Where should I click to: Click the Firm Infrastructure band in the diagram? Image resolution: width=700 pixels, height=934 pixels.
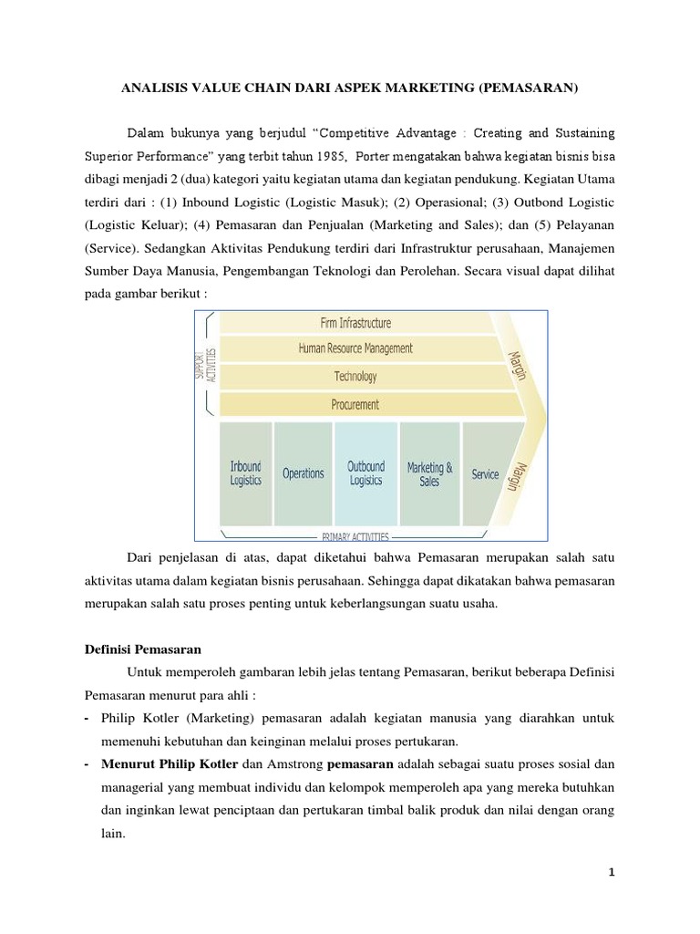355,323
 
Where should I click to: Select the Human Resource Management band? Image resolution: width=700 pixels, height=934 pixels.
355,348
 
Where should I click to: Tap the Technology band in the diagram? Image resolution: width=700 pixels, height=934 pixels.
355,376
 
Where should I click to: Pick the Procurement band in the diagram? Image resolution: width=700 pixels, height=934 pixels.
355,404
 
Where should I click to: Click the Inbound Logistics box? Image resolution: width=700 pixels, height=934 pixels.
245,472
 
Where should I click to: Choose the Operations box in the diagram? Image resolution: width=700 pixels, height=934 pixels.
304,473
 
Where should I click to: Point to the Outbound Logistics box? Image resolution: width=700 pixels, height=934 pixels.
365,472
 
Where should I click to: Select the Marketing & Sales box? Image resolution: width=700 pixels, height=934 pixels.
429,473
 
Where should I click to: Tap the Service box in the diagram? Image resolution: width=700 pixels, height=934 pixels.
485,473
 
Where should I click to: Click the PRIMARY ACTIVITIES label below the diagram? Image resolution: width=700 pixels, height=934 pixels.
355,536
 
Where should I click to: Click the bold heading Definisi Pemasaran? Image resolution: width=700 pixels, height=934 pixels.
137,649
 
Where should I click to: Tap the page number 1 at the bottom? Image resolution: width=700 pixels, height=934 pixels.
612,873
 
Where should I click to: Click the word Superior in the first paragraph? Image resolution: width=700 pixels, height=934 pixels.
110,155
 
